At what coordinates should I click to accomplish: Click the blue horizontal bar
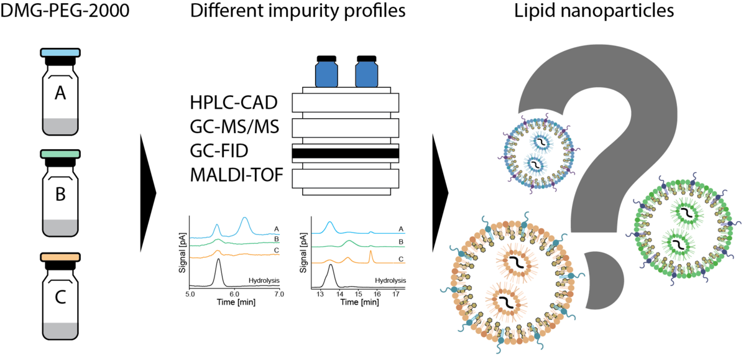pos(60,53)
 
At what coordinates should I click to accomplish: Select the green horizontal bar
pos(60,154)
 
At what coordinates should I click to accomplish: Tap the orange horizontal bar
pos(60,257)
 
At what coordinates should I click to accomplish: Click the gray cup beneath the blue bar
pos(60,126)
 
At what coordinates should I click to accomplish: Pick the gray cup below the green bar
pos(60,227)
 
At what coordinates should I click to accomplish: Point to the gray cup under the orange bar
pos(60,330)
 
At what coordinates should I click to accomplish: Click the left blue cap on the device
pos(326,74)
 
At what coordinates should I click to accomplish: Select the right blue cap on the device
pos(366,74)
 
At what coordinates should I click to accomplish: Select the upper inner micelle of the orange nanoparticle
pos(515,262)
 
